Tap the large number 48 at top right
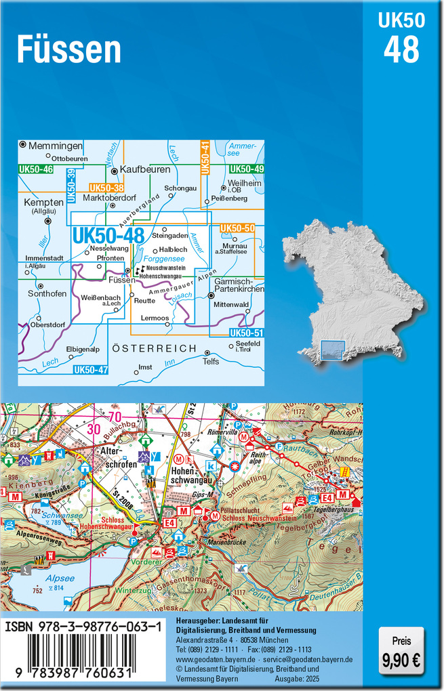(401, 49)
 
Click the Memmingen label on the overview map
(56, 146)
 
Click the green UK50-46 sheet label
(37, 169)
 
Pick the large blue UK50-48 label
(108, 236)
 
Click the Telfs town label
(211, 362)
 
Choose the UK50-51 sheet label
(244, 333)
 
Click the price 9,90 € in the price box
(401, 658)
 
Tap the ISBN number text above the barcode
(83, 628)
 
